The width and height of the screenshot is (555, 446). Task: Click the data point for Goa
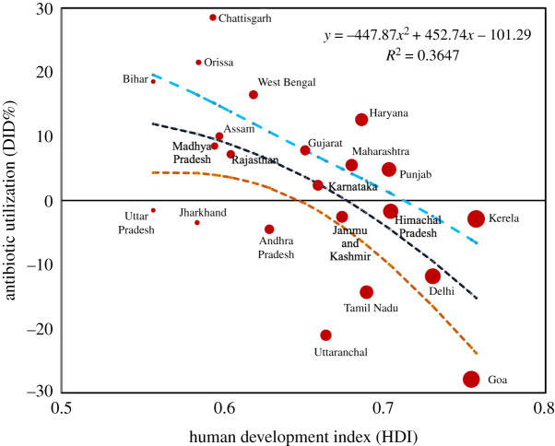(x=472, y=379)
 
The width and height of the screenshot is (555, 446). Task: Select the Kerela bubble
(x=476, y=218)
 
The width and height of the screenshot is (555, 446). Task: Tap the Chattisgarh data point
(x=213, y=18)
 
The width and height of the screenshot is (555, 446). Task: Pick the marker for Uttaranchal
(x=325, y=335)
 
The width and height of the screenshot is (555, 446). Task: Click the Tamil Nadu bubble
(x=366, y=292)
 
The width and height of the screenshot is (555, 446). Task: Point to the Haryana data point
(x=361, y=120)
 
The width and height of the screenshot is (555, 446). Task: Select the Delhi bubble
(x=432, y=276)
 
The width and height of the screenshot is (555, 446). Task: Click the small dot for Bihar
(x=153, y=82)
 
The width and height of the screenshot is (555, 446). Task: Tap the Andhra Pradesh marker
(x=269, y=229)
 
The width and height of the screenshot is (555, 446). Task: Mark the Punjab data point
(x=389, y=170)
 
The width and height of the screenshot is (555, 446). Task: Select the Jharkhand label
(x=203, y=212)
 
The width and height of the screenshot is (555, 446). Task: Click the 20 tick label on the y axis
(x=42, y=72)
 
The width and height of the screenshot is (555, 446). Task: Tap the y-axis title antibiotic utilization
(x=12, y=199)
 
